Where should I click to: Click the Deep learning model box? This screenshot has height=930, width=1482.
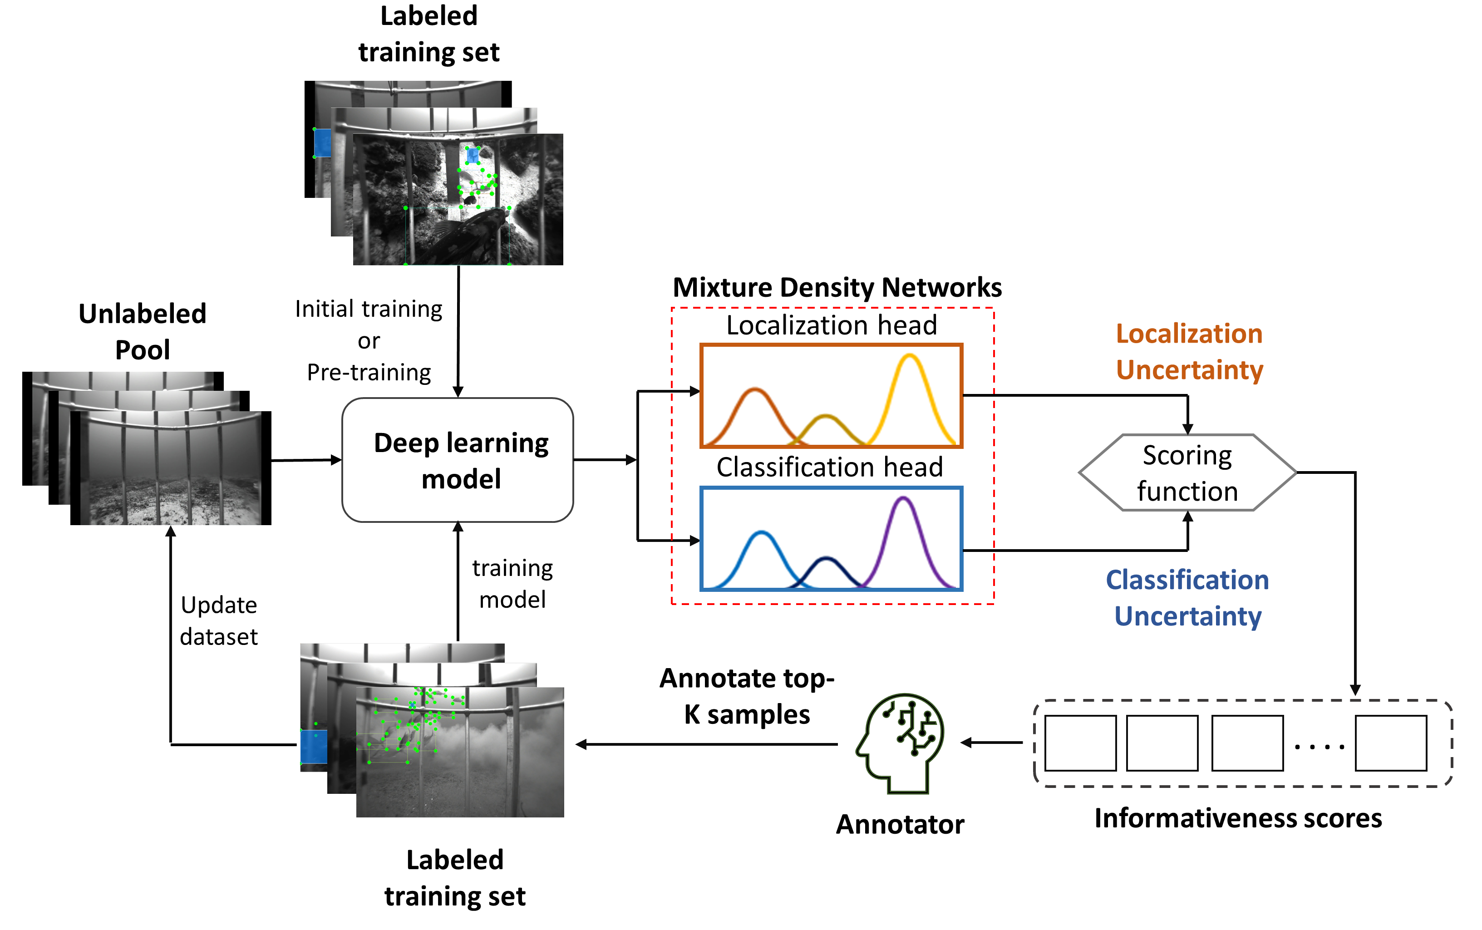(x=458, y=460)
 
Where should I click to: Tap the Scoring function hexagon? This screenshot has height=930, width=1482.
(x=1187, y=472)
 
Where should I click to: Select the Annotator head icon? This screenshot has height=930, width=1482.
(x=900, y=743)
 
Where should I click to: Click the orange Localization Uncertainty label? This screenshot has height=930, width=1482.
(x=1189, y=352)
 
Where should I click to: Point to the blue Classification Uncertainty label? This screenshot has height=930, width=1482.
(x=1187, y=598)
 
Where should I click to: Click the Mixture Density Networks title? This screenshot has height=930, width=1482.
(x=837, y=287)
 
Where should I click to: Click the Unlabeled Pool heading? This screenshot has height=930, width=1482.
(x=143, y=331)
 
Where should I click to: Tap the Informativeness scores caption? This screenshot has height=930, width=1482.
(x=1238, y=818)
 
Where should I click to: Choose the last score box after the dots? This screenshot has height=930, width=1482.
(x=1391, y=743)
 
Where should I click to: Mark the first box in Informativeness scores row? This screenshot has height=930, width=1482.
(x=1080, y=743)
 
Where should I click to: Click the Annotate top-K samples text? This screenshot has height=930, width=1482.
(x=747, y=696)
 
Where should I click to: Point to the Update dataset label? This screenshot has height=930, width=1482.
(x=219, y=620)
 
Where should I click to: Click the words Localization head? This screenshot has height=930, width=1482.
(x=832, y=325)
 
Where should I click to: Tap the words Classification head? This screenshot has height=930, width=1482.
(x=830, y=467)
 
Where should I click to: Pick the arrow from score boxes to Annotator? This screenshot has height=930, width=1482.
(x=992, y=743)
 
